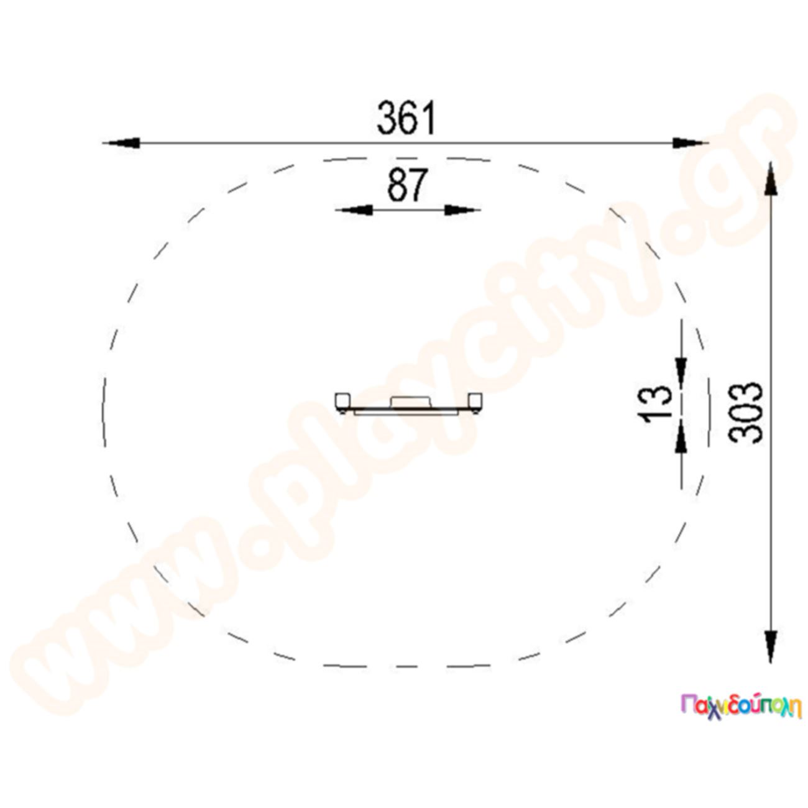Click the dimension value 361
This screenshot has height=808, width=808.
[406, 118]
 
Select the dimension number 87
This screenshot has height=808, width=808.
[407, 185]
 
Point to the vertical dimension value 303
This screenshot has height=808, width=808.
[745, 413]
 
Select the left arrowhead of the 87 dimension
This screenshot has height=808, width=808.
[355, 209]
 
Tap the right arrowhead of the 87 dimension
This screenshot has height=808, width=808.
[462, 209]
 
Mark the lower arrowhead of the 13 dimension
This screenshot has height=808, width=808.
[681, 437]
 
